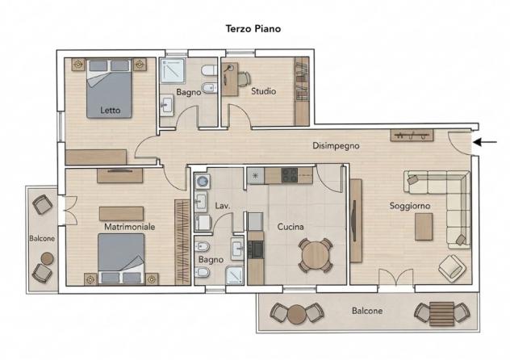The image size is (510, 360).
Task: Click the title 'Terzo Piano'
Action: [x=253, y=28]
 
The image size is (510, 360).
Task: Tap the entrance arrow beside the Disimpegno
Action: [x=485, y=142]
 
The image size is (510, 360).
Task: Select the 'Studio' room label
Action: [x=263, y=91]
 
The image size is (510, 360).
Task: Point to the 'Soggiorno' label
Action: [x=410, y=206]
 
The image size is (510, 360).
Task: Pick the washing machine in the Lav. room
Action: [x=203, y=182]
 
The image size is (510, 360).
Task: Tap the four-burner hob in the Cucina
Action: [x=290, y=175]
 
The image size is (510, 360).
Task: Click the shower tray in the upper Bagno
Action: [x=173, y=71]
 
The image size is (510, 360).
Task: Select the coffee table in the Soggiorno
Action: [x=424, y=227]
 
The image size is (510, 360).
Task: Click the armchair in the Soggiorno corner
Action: [x=452, y=268]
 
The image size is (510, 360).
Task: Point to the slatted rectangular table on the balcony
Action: [x=441, y=313]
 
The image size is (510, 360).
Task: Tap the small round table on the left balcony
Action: [x=47, y=258]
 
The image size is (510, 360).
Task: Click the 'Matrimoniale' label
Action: [x=129, y=227]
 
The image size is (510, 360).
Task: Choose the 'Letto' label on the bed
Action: [x=111, y=111]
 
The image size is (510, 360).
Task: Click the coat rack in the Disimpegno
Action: [x=412, y=136]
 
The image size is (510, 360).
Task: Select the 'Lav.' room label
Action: [x=223, y=206]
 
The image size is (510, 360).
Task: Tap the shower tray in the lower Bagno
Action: [x=235, y=275]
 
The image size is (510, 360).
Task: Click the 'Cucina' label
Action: [x=291, y=227]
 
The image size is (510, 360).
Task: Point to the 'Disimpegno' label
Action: [x=336, y=145]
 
